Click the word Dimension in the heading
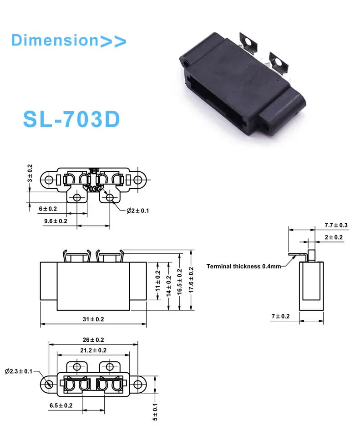[54, 40]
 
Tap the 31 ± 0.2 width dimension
[93, 319]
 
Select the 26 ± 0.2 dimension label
[93, 340]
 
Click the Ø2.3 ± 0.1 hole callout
[19, 371]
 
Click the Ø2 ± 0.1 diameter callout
[138, 210]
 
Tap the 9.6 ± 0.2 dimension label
[55, 221]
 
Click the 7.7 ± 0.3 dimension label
[336, 226]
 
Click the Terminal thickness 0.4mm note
[244, 266]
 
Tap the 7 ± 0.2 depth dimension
[280, 316]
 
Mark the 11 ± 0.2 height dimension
[158, 281]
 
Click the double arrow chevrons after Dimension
[112, 41]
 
